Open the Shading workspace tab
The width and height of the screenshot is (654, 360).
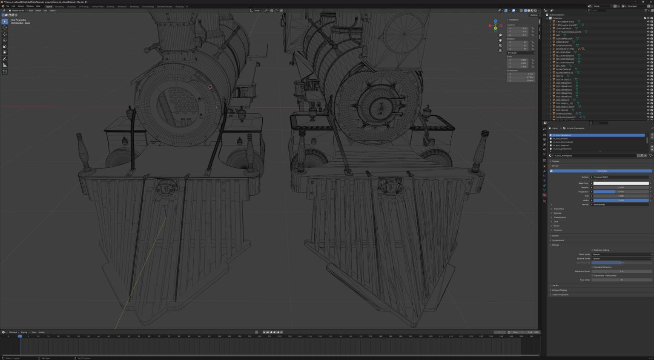[x=110, y=6]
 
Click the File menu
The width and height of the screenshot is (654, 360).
[x=7, y=6]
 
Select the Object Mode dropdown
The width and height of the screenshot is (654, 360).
[x=18, y=11]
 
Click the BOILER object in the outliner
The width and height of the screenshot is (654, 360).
[x=559, y=76]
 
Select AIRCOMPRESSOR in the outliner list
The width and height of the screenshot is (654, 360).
[x=564, y=39]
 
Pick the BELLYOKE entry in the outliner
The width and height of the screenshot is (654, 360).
[x=561, y=66]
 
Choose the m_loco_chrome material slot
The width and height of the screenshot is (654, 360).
[x=560, y=139]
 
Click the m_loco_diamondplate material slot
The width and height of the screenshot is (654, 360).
[x=563, y=142]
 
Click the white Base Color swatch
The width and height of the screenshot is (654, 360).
[x=621, y=183]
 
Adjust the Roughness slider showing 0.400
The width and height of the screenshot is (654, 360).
[x=621, y=192]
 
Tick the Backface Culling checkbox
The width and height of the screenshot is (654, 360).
[x=593, y=250]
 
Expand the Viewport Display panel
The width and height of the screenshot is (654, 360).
[x=559, y=290]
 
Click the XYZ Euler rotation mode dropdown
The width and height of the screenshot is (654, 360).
[x=521, y=53]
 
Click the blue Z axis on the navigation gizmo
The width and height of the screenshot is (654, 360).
[x=495, y=20]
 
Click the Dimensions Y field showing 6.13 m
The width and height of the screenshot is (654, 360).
[x=521, y=77]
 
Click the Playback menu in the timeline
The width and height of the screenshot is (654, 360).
[x=13, y=332]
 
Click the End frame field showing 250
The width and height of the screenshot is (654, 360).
[x=533, y=332]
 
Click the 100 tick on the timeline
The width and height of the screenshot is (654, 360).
[x=219, y=336]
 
